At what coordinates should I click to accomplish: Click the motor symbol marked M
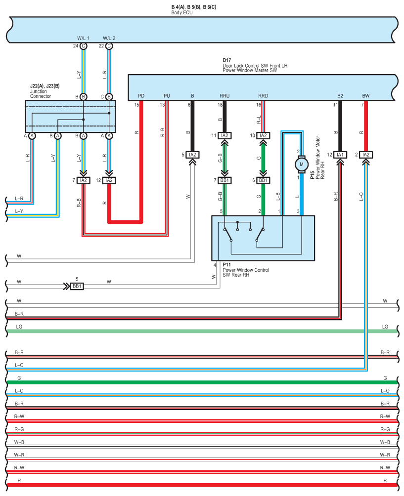[x=302, y=164]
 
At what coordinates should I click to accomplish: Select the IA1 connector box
[x=340, y=155]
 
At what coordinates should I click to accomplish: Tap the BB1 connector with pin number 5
[x=77, y=286]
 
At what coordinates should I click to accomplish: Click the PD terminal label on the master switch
[x=141, y=96]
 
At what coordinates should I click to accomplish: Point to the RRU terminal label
[x=224, y=96]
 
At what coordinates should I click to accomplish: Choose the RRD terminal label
[x=263, y=96]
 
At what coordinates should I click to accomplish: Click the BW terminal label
[x=366, y=96]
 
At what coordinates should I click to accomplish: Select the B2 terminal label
[x=340, y=96]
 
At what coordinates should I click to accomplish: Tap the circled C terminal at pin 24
[x=83, y=46]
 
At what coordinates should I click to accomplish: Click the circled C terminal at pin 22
[x=109, y=46]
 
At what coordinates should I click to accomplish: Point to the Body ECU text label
[x=182, y=13]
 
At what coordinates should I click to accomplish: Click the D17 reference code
[x=226, y=60]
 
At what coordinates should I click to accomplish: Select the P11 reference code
[x=226, y=264]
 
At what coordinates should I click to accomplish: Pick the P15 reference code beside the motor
[x=312, y=175]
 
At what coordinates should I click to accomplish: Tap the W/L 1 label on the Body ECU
[x=83, y=38]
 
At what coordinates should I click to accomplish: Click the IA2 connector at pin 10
[x=263, y=135]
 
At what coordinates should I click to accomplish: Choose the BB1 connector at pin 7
[x=224, y=180]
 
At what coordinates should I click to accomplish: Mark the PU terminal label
[x=167, y=96]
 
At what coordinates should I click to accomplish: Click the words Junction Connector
[x=40, y=94]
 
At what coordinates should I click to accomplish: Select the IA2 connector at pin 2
[x=366, y=155]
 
